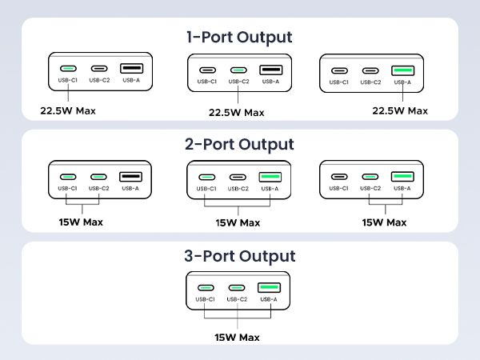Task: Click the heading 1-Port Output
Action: coord(239,37)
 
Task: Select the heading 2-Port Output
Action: coord(239,145)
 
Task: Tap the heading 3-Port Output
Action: coord(239,256)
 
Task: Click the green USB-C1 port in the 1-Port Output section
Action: coord(68,69)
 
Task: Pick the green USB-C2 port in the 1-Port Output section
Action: coord(237,70)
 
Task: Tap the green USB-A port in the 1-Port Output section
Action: coord(403,70)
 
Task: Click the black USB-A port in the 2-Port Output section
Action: coord(130,176)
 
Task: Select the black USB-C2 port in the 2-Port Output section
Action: coord(237,177)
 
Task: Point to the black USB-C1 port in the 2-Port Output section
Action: coord(340,177)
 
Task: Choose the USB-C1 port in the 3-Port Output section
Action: coord(206,287)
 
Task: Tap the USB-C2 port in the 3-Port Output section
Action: coord(237,287)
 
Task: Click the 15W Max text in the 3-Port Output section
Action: coord(237,337)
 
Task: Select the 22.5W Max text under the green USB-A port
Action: coord(400,110)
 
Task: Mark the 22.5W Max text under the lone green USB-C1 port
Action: coord(68,110)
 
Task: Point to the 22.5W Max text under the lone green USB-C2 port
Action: coord(237,113)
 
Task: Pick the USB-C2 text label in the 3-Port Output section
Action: coord(237,299)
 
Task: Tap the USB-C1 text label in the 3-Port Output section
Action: coord(206,299)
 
